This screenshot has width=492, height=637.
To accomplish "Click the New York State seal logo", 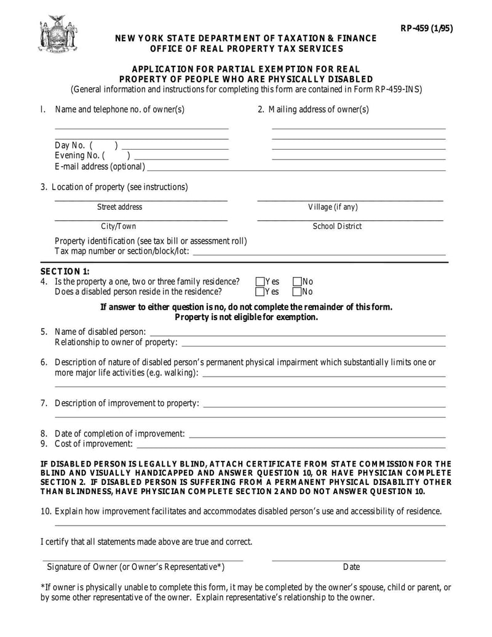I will click(58, 34).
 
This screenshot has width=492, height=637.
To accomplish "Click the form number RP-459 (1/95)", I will click(426, 28).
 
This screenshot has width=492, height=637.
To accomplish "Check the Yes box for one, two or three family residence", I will click(260, 282).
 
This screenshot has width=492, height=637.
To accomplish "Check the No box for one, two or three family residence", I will click(297, 282).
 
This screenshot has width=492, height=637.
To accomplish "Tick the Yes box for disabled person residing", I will click(260, 292).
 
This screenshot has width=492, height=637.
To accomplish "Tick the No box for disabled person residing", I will click(297, 292).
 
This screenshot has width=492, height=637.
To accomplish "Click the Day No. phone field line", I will click(175, 148).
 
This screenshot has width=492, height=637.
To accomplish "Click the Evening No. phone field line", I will click(181, 158).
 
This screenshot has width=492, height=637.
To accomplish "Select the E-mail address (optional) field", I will click(295, 169).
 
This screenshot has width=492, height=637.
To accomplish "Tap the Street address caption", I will click(119, 207).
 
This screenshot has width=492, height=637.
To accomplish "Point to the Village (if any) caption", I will click(333, 207).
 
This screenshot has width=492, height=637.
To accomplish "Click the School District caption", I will click(337, 226).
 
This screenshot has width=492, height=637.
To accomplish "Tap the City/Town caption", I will click(119, 226).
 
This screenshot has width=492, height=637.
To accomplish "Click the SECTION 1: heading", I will click(65, 271).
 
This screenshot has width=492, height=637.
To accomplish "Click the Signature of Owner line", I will click(143, 559).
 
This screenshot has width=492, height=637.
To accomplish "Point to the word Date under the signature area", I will click(351, 567).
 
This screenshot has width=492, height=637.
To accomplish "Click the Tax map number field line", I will click(319, 253).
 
